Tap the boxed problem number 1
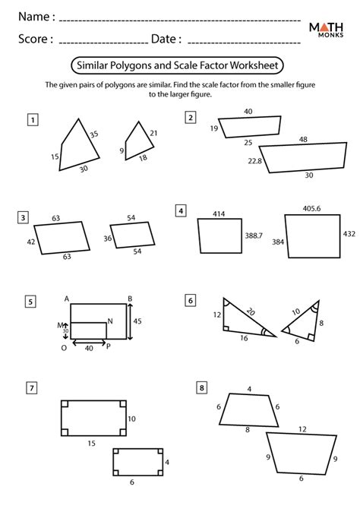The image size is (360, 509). [33, 119]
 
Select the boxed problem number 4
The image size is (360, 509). [181, 210]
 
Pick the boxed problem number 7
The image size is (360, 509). [32, 388]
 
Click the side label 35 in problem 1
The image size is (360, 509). [93, 134]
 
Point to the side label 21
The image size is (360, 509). [153, 134]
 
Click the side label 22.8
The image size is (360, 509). [254, 161]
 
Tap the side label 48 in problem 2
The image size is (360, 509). [303, 140]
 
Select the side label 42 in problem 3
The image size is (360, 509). [30, 242]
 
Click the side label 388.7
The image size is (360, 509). [254, 237]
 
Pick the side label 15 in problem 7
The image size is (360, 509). [90, 443]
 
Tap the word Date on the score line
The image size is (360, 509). [166, 39]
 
